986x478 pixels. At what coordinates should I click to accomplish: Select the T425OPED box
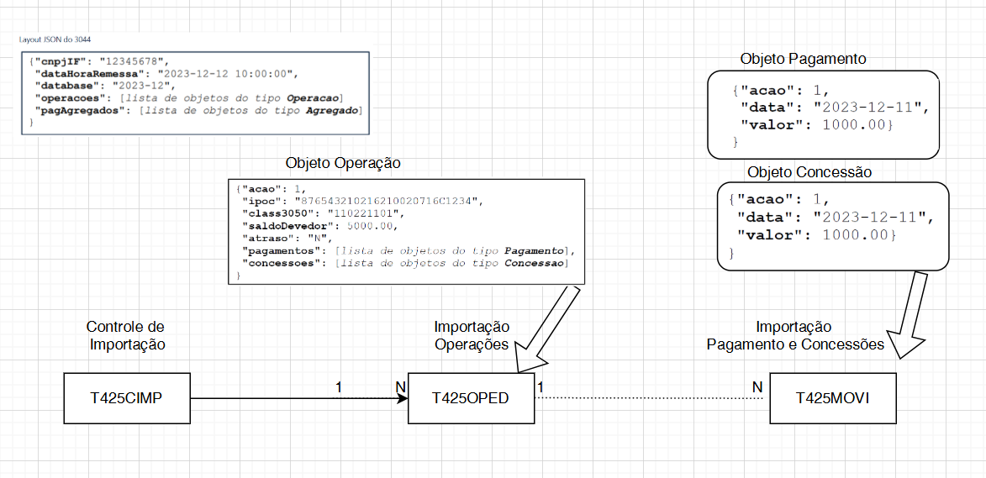pyautogui.click(x=470, y=398)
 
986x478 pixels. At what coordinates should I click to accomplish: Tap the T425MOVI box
pyautogui.click(x=833, y=398)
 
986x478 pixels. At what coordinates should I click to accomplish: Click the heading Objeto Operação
pyautogui.click(x=343, y=163)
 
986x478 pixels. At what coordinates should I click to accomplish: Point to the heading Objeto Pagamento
pyautogui.click(x=803, y=60)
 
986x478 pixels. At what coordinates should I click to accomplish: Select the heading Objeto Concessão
pyautogui.click(x=809, y=171)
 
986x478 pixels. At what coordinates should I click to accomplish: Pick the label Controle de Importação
pyautogui.click(x=125, y=334)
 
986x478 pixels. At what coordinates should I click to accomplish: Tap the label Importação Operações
pyautogui.click(x=471, y=334)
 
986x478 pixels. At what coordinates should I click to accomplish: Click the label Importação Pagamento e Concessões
pyautogui.click(x=794, y=335)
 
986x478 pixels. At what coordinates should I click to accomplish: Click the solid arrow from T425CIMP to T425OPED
pyautogui.click(x=294, y=398)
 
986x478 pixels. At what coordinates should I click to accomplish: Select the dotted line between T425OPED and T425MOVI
pyautogui.click(x=651, y=398)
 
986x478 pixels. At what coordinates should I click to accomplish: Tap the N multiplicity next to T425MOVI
pyautogui.click(x=757, y=386)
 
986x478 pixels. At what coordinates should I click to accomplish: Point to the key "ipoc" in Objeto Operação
pyautogui.click(x=258, y=201)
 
